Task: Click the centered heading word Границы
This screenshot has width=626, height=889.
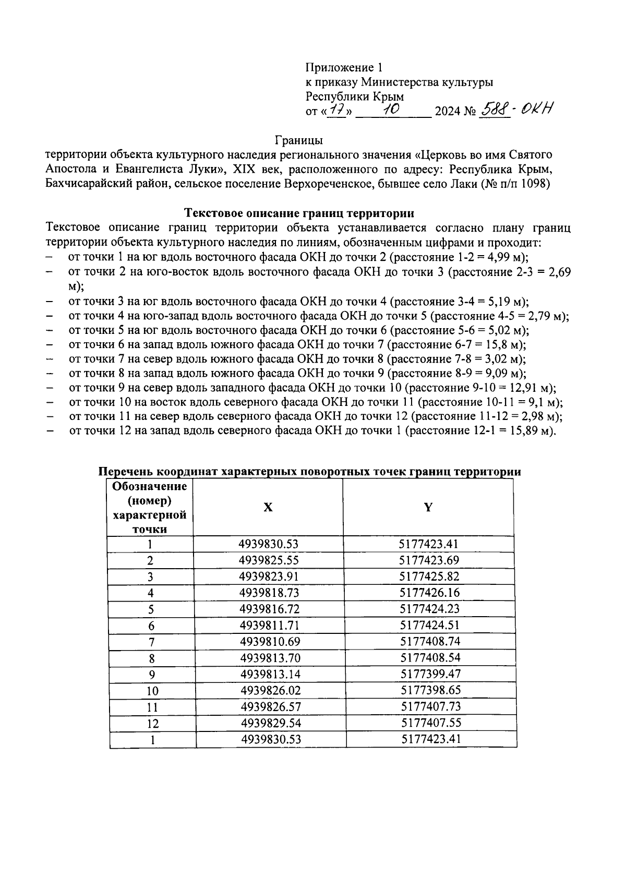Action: (x=299, y=140)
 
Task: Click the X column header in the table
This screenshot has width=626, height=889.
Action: (x=268, y=507)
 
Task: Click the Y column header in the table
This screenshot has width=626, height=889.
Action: (x=428, y=507)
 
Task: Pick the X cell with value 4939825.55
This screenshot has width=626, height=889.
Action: (x=269, y=560)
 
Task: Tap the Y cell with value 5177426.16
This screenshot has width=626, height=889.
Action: (x=429, y=593)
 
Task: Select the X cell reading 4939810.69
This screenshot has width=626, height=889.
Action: (x=270, y=641)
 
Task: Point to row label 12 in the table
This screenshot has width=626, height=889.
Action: (x=153, y=724)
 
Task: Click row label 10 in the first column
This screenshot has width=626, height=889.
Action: (x=152, y=691)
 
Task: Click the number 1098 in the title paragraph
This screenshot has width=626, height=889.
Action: (x=533, y=184)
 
